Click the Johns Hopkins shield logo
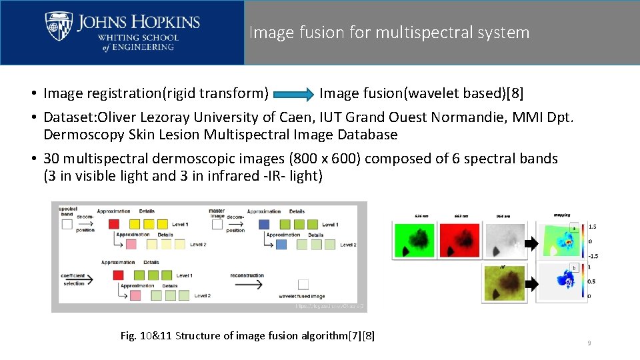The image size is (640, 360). (59, 27)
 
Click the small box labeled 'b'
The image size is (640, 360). (574, 268)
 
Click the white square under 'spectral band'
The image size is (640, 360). (67, 225)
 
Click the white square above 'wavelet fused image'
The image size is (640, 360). (303, 285)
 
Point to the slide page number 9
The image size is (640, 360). (589, 343)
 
